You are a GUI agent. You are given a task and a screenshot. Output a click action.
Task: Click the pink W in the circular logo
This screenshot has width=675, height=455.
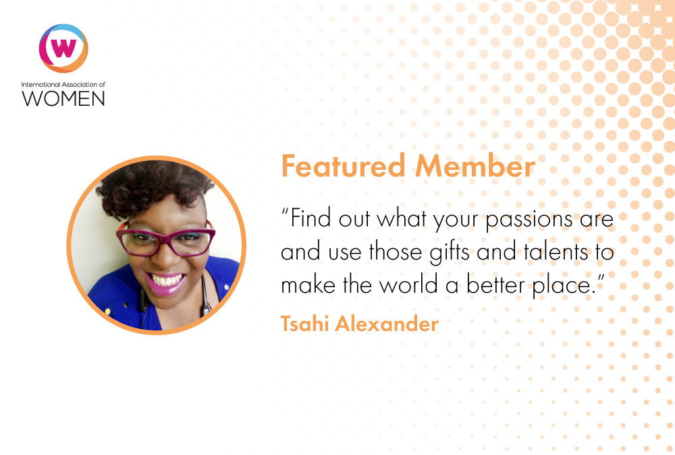pos(63,48)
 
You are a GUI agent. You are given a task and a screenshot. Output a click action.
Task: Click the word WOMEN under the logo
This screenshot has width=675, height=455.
pos(63,98)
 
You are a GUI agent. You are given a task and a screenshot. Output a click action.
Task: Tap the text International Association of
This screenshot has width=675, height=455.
pos(63,84)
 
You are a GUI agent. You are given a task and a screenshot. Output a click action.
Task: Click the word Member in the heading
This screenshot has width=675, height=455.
pos(475,166)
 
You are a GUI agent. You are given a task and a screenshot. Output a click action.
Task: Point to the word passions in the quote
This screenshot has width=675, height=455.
pos(529,220)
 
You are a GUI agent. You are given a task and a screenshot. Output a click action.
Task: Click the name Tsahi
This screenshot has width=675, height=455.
pos(305,324)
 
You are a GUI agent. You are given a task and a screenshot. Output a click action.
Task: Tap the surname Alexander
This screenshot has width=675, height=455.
pos(387,324)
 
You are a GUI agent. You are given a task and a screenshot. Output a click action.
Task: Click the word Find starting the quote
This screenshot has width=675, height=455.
pos(311,218)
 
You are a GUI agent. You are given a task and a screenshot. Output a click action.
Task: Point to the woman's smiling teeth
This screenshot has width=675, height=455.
pos(166,280)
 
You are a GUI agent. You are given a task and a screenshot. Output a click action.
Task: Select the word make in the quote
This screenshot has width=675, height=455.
pos(308,284)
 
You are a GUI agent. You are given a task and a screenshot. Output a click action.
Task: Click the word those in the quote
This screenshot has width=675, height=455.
pos(395,251)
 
